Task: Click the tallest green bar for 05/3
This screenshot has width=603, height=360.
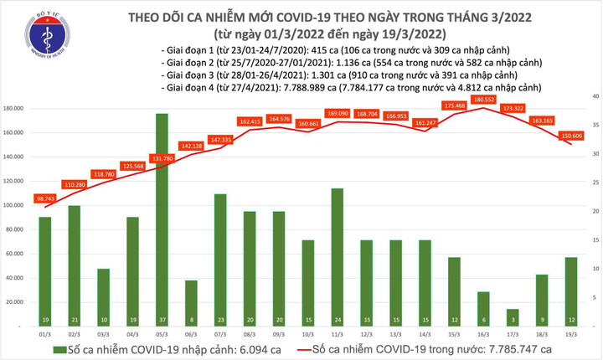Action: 162,218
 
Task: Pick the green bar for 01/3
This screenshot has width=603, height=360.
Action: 45,270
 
